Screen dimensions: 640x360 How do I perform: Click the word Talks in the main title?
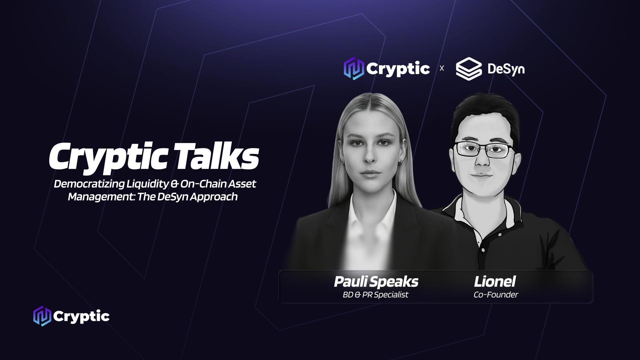pyautogui.click(x=216, y=156)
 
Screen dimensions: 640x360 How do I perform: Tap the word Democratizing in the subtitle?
pyautogui.click(x=89, y=184)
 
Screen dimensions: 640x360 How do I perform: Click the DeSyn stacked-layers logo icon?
pyautogui.click(x=469, y=69)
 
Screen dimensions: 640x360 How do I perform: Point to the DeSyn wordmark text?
pyautogui.click(x=506, y=69)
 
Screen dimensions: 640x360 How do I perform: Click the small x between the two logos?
pyautogui.click(x=442, y=68)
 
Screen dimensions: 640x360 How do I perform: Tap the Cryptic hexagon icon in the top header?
pyautogui.click(x=354, y=68)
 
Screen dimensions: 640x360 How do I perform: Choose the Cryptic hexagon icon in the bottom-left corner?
pyautogui.click(x=42, y=316)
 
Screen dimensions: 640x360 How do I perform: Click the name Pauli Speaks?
pyautogui.click(x=376, y=282)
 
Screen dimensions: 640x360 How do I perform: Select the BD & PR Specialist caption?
pyautogui.click(x=375, y=295)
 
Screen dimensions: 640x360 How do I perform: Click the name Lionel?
pyautogui.click(x=495, y=282)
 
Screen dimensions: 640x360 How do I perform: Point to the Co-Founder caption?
pyautogui.click(x=496, y=295)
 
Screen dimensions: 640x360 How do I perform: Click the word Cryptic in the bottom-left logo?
pyautogui.click(x=81, y=316)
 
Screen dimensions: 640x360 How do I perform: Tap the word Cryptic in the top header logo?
pyautogui.click(x=398, y=69)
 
